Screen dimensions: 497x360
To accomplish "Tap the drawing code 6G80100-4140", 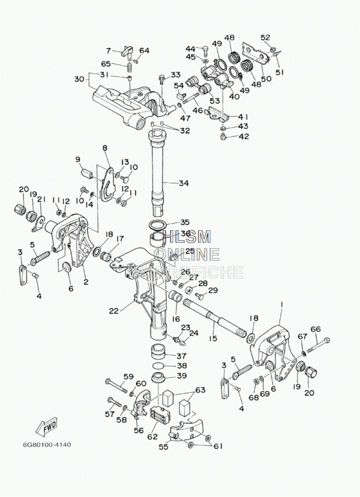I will tap(47, 445).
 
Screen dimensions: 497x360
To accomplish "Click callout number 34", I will tap(184, 183).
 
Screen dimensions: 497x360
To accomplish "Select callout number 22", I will tap(114, 311).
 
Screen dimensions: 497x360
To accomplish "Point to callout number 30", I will tap(79, 79).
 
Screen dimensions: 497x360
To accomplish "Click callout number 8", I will tap(105, 147).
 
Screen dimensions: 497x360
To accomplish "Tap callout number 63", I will tap(200, 390).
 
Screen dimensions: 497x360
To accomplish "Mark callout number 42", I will tap(243, 136).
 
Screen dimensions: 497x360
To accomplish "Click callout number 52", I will tap(265, 37).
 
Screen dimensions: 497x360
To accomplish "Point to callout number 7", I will tap(109, 50).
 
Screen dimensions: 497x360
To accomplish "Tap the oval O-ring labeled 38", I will tap(158, 365).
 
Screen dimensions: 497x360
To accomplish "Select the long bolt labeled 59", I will tap(117, 384).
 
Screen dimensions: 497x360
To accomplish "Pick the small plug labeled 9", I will tap(86, 173).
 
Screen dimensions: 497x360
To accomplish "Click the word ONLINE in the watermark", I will tap(187, 254).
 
